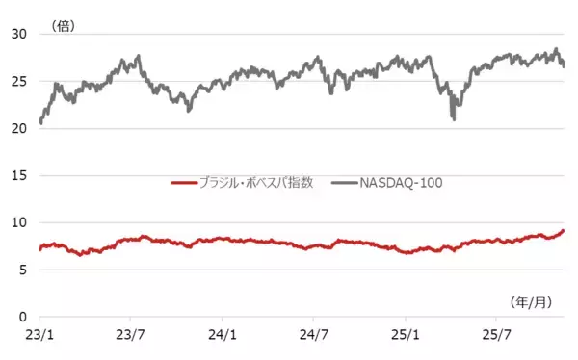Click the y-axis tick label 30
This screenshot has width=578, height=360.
[16, 34]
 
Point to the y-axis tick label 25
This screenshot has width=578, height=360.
[16, 81]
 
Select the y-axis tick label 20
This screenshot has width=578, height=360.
[16, 128]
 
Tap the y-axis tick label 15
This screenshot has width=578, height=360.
[16, 175]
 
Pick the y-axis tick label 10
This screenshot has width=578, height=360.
[16, 222]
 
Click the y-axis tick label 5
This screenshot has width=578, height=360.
[21, 270]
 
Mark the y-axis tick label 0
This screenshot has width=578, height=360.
[21, 317]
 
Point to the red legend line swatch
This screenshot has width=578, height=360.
[182, 182]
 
